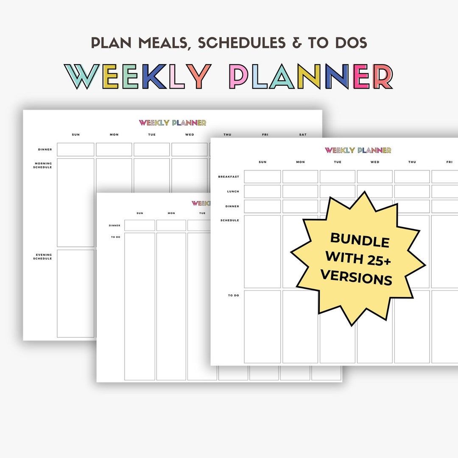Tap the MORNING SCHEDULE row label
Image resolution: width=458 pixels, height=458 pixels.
click(x=43, y=165)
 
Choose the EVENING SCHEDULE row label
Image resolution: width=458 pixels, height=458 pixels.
click(x=43, y=257)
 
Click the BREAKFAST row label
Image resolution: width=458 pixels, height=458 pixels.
click(x=229, y=176)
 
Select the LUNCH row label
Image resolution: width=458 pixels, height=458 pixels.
click(x=233, y=191)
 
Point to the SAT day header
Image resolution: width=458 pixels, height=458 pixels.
click(x=303, y=135)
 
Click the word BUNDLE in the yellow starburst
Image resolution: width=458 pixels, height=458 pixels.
click(x=360, y=240)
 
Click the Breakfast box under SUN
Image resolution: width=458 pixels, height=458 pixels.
click(x=263, y=176)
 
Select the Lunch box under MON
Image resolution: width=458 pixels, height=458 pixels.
click(x=300, y=191)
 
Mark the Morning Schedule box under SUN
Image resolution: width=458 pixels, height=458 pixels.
click(x=75, y=202)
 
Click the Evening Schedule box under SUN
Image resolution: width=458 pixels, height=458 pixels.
click(x=75, y=293)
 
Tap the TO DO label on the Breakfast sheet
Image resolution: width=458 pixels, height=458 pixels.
click(x=233, y=295)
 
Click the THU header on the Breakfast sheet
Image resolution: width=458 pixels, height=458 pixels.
click(x=412, y=162)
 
